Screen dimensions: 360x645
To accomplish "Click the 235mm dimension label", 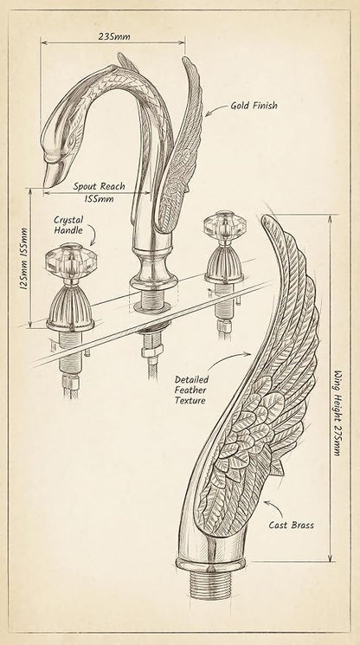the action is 114,36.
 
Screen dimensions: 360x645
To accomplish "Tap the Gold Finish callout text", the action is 254,106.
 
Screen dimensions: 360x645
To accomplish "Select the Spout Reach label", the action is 99,186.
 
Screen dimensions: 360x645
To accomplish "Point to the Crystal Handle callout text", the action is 68,225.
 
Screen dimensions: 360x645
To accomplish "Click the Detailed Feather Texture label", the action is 191,390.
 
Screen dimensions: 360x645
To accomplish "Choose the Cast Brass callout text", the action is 291,525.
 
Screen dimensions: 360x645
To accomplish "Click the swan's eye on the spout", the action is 72,140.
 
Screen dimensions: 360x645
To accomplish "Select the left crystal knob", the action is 71,261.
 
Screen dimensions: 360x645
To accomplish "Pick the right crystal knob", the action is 225,226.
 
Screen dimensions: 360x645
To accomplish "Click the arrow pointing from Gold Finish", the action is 216,108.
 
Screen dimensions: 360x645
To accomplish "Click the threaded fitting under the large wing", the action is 211,584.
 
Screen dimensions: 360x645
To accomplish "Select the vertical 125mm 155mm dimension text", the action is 24,258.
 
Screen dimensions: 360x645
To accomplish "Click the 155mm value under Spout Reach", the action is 99,198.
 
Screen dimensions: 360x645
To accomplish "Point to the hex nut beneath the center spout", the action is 152,351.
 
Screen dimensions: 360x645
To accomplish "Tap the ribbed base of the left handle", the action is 70,305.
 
